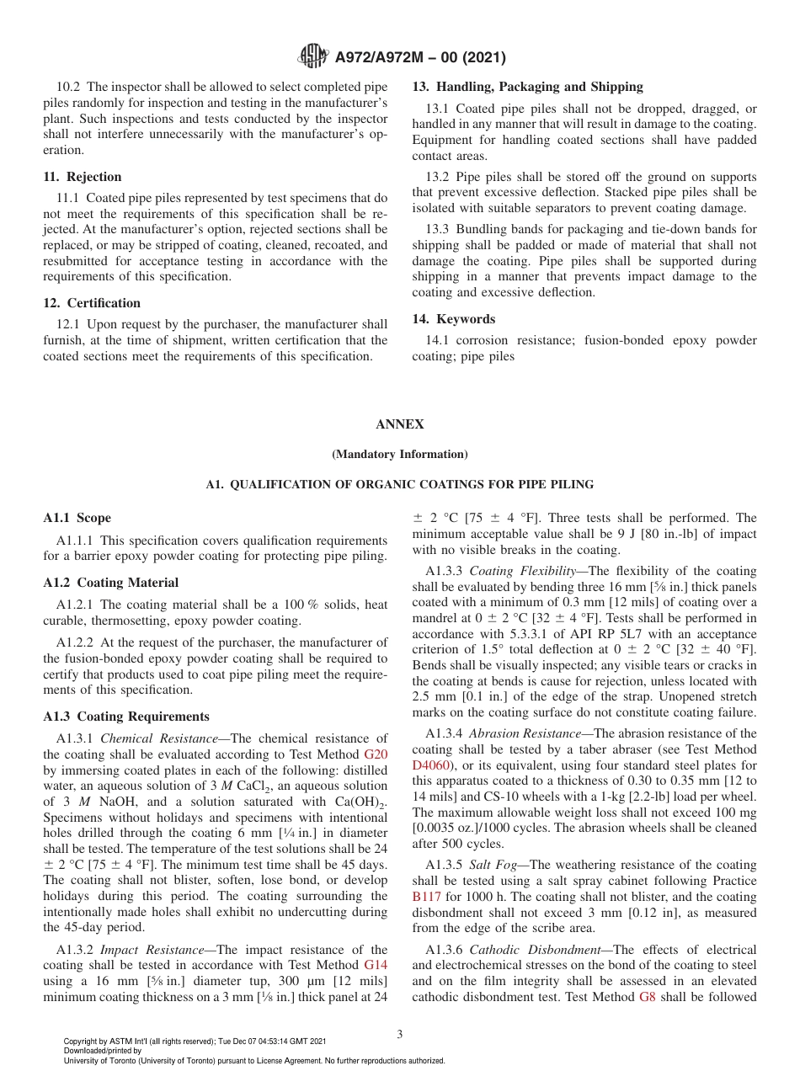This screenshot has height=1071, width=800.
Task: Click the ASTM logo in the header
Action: [x=313, y=57]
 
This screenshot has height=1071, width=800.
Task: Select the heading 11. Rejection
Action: [x=83, y=177]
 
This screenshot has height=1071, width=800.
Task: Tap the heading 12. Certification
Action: [x=92, y=303]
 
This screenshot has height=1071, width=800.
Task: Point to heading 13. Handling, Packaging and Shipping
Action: [x=527, y=87]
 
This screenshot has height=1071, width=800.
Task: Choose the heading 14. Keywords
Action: [x=453, y=319]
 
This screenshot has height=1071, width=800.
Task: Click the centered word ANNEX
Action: [x=400, y=424]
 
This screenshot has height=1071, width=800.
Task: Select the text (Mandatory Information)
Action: [x=400, y=455]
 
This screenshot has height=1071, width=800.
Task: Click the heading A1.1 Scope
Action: [x=77, y=518]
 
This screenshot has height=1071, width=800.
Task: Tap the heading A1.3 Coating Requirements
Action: [x=126, y=717]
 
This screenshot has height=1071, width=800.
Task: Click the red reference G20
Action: [x=376, y=754]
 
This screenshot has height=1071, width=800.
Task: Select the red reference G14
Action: [x=376, y=965]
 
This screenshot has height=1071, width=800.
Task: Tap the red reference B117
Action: [x=426, y=897]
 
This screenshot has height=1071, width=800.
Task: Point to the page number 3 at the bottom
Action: [x=400, y=1035]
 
